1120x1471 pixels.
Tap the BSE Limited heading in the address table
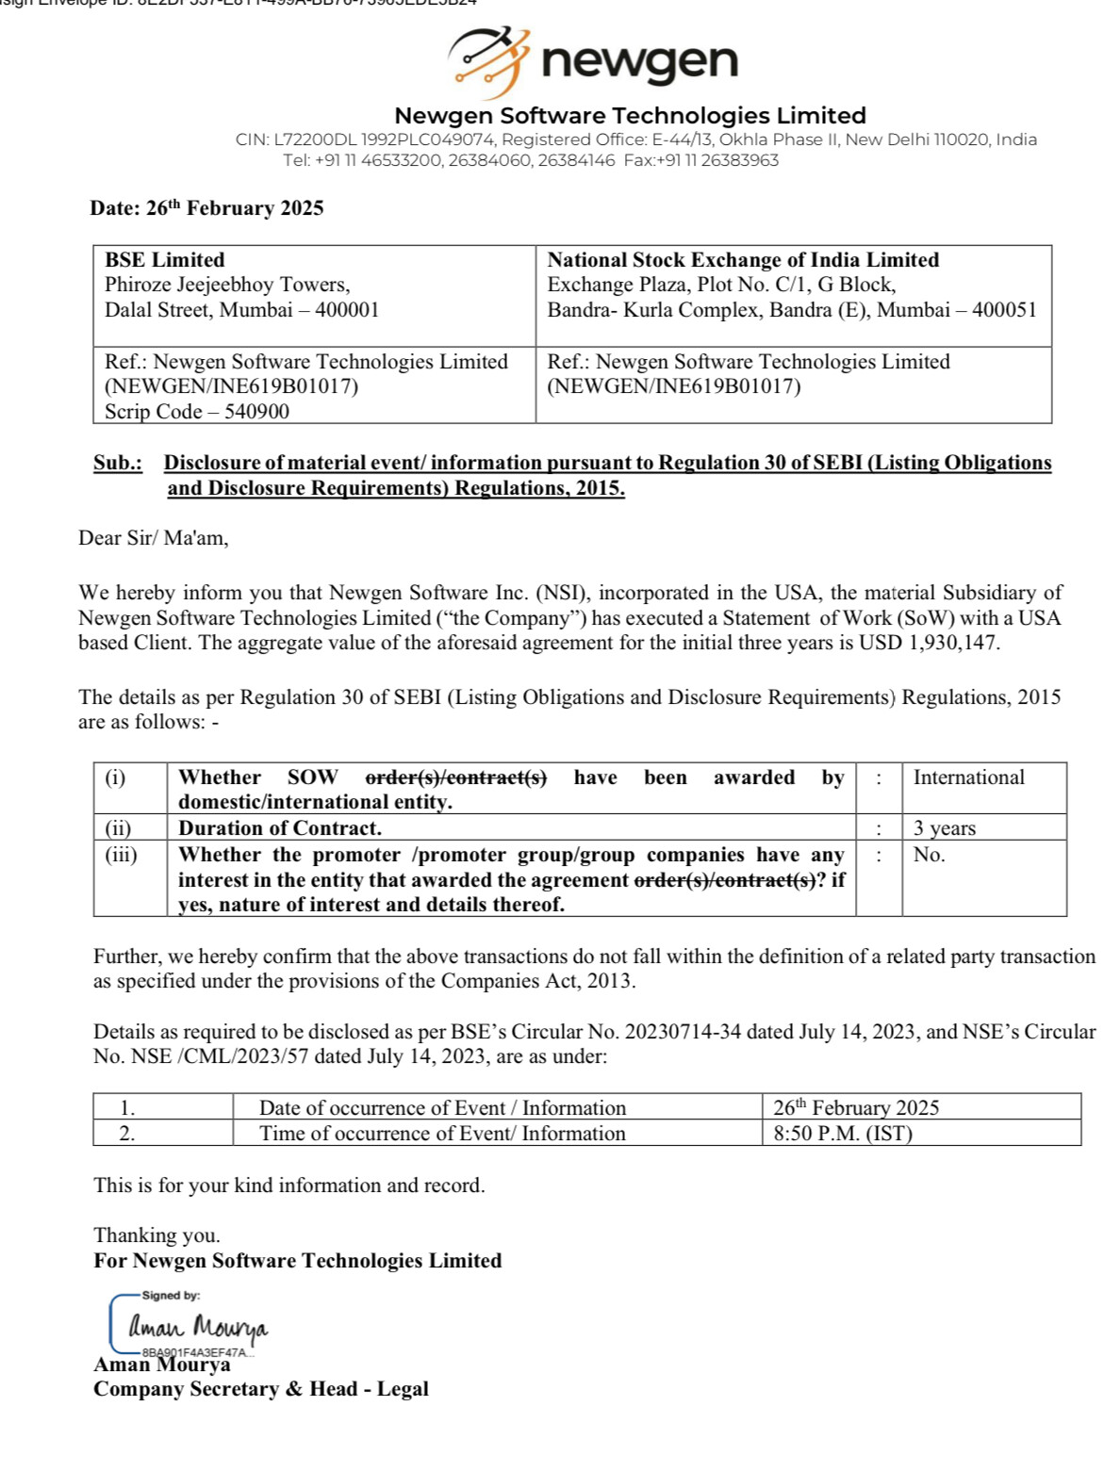pyautogui.click(x=165, y=260)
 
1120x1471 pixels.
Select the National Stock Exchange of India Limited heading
pyautogui.click(x=743, y=260)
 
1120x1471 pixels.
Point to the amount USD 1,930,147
pyautogui.click(x=929, y=644)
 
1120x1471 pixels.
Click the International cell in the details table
pyautogui.click(x=968, y=777)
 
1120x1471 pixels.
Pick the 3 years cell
pyautogui.click(x=945, y=828)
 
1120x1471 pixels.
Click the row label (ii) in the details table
pyautogui.click(x=118, y=828)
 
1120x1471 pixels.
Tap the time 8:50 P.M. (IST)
pyautogui.click(x=843, y=1134)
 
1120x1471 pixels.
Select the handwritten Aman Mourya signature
pyautogui.click(x=198, y=1327)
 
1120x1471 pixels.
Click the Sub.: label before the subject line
pyautogui.click(x=118, y=463)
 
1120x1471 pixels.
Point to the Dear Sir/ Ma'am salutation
pyautogui.click(x=153, y=538)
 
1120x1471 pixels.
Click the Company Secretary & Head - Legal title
pyautogui.click(x=261, y=1389)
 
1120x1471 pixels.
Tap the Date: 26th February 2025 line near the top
pyautogui.click(x=206, y=208)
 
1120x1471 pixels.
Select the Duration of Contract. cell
pyautogui.click(x=280, y=828)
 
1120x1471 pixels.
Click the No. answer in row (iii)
pyautogui.click(x=929, y=855)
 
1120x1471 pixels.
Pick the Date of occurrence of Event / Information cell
pyautogui.click(x=442, y=1108)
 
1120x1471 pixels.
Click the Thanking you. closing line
pyautogui.click(x=156, y=1235)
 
